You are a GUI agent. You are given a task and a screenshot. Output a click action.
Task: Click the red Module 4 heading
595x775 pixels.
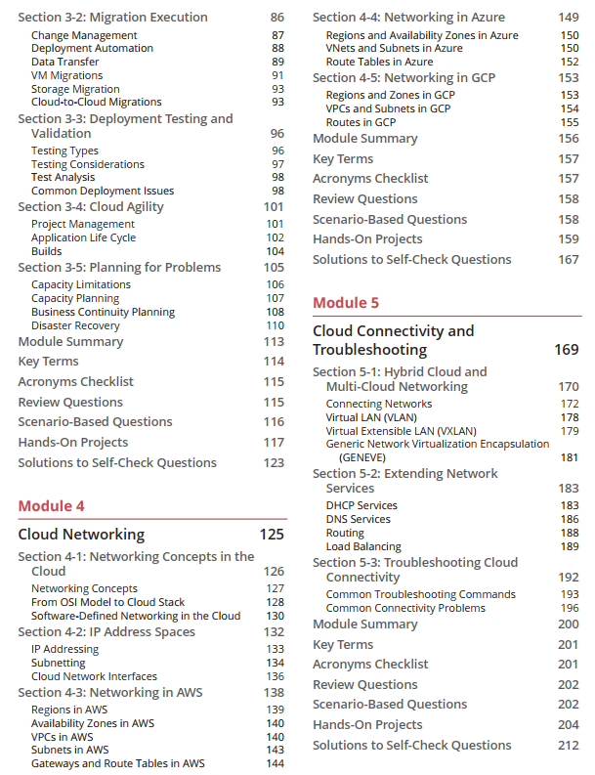(52, 505)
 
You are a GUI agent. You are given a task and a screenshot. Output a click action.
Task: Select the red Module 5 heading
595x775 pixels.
(346, 303)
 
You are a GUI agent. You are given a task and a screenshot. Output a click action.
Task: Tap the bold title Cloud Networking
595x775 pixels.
(81, 534)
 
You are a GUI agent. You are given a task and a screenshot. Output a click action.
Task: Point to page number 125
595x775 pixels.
(272, 534)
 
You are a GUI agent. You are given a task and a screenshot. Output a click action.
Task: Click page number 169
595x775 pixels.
(566, 349)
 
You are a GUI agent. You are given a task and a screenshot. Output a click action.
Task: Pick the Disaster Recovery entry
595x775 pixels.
(75, 325)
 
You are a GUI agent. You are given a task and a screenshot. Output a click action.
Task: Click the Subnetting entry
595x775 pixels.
(58, 663)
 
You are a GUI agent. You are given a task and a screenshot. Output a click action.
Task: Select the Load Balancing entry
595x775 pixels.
(363, 547)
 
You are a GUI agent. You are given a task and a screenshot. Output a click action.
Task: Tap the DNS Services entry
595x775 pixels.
(358, 519)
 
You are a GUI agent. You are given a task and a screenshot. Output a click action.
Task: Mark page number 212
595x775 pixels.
(568, 745)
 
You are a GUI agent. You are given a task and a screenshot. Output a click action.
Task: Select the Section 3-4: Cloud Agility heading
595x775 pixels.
(91, 206)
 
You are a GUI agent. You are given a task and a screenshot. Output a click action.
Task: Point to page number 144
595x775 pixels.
(275, 763)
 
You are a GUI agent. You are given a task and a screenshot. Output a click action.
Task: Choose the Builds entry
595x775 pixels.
(47, 251)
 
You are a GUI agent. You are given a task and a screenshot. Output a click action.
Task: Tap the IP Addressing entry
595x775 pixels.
(64, 649)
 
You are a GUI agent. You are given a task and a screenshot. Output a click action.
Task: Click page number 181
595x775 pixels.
(569, 456)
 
